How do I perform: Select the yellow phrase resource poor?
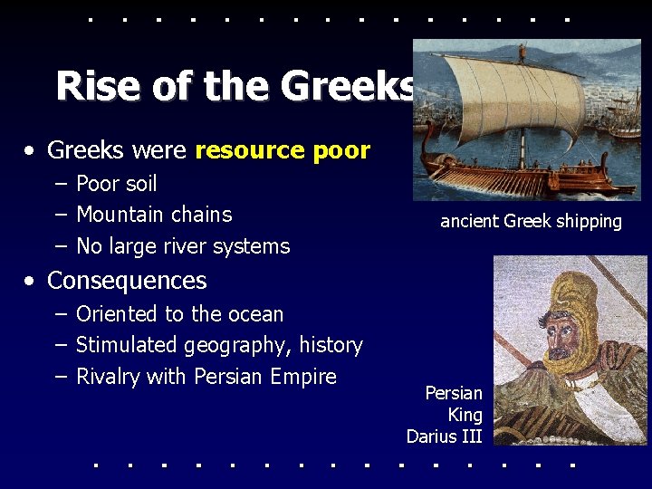[283, 150]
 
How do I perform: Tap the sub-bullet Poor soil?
[116, 184]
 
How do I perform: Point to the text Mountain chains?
[154, 215]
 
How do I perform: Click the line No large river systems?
[183, 246]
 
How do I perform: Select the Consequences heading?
[127, 281]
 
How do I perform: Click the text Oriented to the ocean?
[179, 314]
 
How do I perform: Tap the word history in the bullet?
[333, 345]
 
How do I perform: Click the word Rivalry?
[108, 377]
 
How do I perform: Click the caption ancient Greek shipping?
[531, 221]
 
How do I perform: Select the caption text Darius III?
[444, 436]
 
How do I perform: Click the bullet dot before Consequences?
[31, 282]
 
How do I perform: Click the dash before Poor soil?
[60, 184]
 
